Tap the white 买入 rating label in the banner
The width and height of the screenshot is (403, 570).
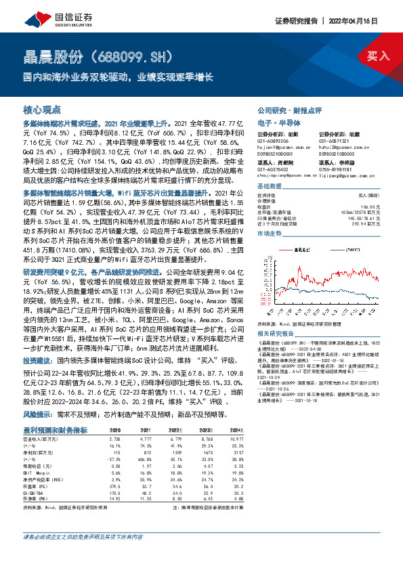pos(378,56)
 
